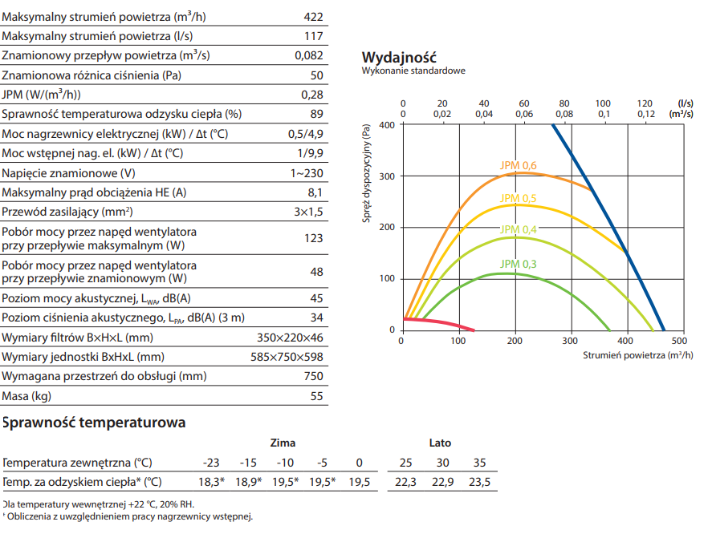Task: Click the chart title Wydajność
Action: (399, 57)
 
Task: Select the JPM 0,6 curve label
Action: (518, 166)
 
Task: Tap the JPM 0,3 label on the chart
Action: (518, 264)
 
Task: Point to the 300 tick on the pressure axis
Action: (388, 176)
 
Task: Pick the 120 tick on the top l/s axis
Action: (644, 103)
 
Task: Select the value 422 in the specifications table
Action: (314, 15)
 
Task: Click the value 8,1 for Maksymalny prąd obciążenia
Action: (315, 192)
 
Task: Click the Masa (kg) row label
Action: (26, 396)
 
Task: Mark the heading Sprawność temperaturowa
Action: (94, 422)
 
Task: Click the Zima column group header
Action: (283, 443)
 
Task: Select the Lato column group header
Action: (440, 443)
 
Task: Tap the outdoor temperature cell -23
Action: (211, 463)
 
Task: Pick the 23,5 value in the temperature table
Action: (479, 482)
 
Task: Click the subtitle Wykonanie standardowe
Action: (413, 71)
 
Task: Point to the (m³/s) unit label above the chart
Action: (681, 115)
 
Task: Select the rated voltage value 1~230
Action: (307, 173)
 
